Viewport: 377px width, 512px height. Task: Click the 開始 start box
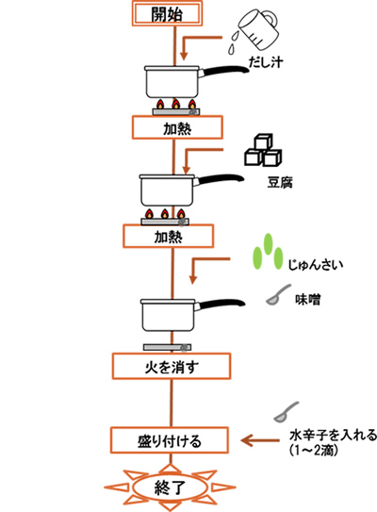pos(167,13)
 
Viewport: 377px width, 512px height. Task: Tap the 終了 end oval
pos(170,487)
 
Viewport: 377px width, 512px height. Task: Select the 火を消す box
pos(172,366)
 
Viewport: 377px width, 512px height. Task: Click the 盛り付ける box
pos(169,440)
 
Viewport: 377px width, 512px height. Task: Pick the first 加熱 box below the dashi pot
pos(177,127)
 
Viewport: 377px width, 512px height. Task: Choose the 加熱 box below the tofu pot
pos(168,236)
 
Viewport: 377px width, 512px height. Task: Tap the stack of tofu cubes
pos(263,150)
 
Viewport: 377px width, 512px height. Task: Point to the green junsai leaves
pos(268,252)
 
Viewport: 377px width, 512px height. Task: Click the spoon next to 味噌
pos(277,295)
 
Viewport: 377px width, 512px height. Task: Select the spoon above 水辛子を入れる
pos(286,413)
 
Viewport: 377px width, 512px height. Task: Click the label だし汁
pos(266,61)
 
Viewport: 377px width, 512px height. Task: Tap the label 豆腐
pos(280,182)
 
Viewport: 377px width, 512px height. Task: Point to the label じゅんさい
pos(316,265)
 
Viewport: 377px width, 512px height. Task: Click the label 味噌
pos(308,299)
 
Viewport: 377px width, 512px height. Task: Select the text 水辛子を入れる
pos(333,435)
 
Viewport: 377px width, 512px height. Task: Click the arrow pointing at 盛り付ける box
pos(260,440)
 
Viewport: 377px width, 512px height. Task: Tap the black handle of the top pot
pos(224,72)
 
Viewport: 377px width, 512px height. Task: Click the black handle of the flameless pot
pos(221,305)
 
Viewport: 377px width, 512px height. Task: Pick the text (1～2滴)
pos(314,451)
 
